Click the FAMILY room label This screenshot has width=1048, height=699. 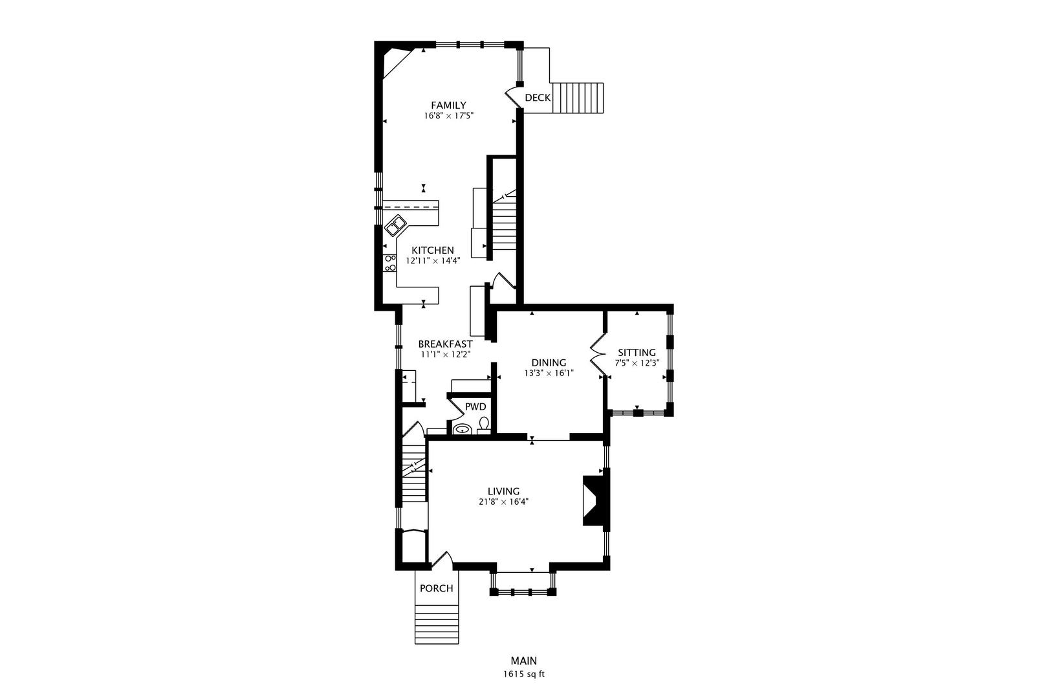coord(448,105)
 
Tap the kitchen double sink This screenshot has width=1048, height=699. coord(395,226)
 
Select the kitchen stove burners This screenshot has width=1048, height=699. coord(389,263)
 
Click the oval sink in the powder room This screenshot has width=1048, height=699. coord(463,429)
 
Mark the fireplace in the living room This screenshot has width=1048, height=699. coord(594,501)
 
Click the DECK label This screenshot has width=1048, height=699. coord(538,98)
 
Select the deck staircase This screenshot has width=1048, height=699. coord(578,98)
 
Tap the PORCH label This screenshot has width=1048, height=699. coord(437,588)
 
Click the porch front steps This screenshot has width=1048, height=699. coord(437,624)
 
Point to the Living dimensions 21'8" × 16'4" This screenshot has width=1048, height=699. coord(503,502)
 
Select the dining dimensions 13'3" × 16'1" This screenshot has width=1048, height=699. coord(549,373)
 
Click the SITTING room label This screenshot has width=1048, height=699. coord(637,353)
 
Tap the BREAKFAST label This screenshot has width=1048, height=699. coord(445,344)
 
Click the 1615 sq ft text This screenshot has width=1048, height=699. coord(524,674)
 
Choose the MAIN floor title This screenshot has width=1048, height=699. coord(524,661)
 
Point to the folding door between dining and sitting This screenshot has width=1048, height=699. coord(598,355)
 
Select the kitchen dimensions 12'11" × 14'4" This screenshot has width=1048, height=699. coord(433,261)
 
